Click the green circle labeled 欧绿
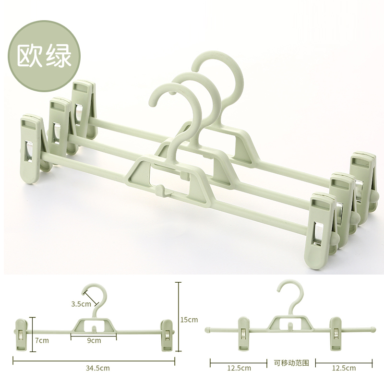click(44, 56)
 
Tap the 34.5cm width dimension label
click(98, 368)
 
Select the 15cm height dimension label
click(189, 320)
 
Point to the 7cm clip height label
click(42, 340)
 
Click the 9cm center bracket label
click(94, 340)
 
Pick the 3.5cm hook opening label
click(81, 304)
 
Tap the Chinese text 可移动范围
click(291, 363)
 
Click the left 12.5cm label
click(239, 368)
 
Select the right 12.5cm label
click(344, 368)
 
